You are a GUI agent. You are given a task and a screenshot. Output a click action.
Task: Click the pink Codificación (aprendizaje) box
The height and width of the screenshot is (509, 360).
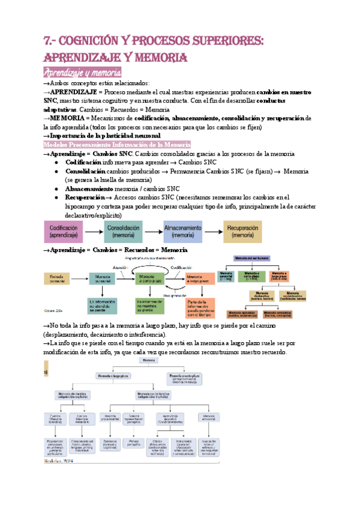click(64, 232)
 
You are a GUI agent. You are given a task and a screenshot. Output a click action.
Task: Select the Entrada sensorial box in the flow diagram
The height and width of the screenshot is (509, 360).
click(56, 278)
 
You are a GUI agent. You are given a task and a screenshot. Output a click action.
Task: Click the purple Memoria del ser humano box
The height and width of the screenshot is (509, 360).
click(260, 258)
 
